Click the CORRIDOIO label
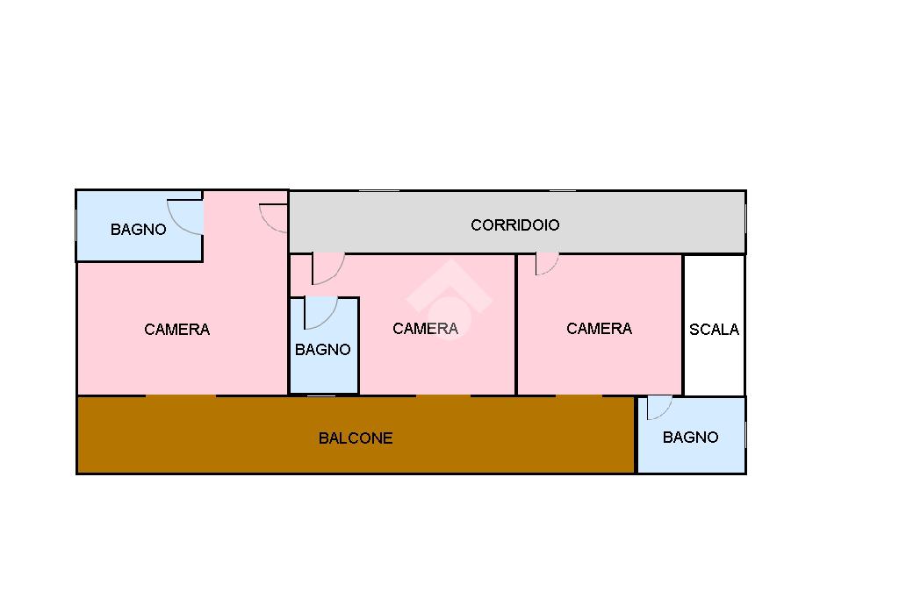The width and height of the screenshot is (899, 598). point(514,225)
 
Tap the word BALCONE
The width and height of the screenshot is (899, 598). point(356,438)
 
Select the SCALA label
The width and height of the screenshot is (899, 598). point(714,330)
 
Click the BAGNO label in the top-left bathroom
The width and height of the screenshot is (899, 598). point(138,230)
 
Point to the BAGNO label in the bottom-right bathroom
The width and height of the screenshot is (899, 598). point(690,438)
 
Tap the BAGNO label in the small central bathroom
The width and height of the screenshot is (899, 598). point(323,349)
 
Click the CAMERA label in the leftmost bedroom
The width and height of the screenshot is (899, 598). point(176,330)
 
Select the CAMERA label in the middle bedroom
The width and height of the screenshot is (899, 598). point(426,328)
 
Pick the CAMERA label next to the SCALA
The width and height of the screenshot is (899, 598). point(599,328)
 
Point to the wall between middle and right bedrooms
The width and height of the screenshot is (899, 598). point(516,324)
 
